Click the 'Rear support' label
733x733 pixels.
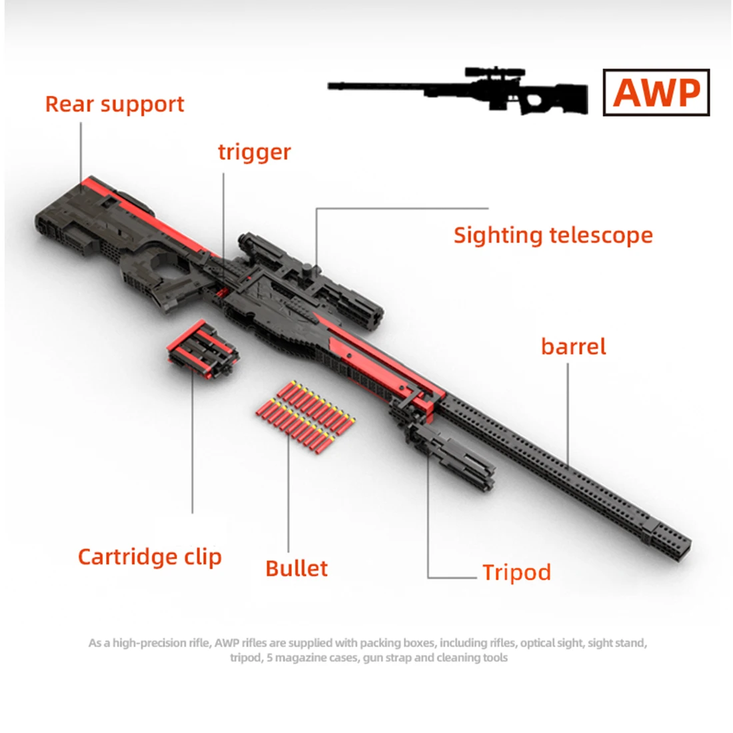(x=115, y=104)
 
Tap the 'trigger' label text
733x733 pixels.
(x=255, y=152)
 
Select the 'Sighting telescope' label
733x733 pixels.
(x=553, y=235)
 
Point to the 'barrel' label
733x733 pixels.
(x=573, y=347)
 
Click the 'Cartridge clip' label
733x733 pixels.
(x=149, y=557)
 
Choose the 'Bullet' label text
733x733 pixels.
(x=297, y=568)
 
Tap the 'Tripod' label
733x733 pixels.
(x=516, y=572)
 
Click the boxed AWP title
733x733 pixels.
(x=656, y=93)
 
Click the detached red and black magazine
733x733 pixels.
(x=203, y=349)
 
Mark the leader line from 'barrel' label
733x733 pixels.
(x=568, y=415)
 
